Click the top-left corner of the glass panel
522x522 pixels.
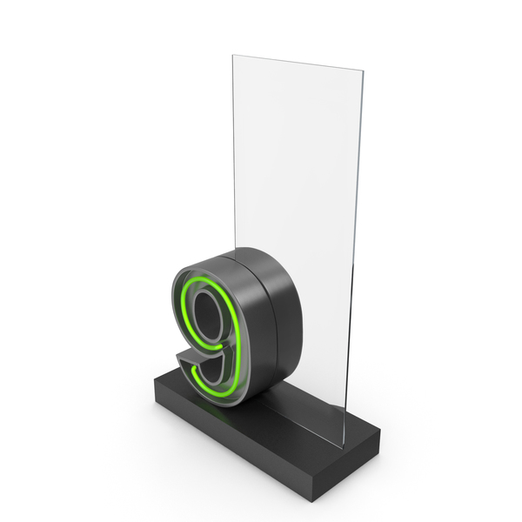pos(232,56)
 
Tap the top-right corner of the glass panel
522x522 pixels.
pos(363,70)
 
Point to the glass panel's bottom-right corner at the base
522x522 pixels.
pos(343,447)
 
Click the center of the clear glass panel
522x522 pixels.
pos(297,233)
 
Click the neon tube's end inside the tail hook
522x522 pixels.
pos(194,368)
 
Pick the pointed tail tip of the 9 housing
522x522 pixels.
pos(177,357)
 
